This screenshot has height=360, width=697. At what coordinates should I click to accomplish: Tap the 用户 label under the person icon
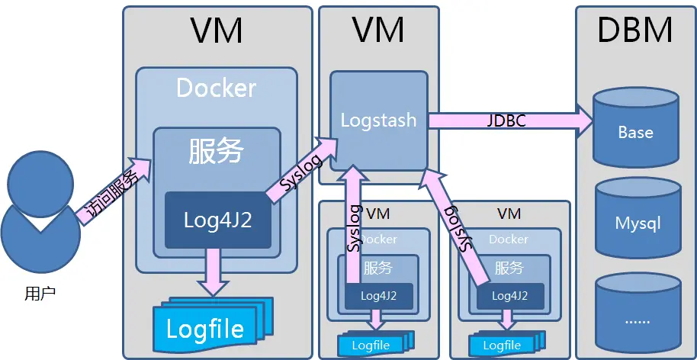pyautogui.click(x=40, y=292)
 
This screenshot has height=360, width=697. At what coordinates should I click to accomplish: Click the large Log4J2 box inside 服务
pyautogui.click(x=217, y=220)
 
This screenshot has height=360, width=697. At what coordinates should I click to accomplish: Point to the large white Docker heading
pyautogui.click(x=216, y=88)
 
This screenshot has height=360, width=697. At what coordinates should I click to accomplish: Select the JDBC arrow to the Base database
pyautogui.click(x=511, y=121)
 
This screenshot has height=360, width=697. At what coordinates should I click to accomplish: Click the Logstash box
pyautogui.click(x=378, y=120)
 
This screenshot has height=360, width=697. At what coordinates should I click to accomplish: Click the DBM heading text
pyautogui.click(x=634, y=31)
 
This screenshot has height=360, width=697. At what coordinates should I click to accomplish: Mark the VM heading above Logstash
pyautogui.click(x=378, y=31)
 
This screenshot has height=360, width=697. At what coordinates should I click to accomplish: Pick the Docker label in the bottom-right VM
pyautogui.click(x=509, y=239)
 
